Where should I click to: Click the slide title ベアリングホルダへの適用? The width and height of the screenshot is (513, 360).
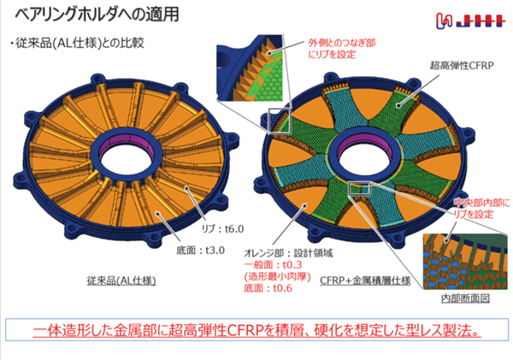97,14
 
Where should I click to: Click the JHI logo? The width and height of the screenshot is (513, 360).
469,21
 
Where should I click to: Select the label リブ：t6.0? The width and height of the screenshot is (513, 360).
222,229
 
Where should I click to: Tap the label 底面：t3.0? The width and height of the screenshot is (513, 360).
201,251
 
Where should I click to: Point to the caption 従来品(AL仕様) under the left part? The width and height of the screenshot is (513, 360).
121,280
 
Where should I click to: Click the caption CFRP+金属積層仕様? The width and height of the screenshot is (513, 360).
365,280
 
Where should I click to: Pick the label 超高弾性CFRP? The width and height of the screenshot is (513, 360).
462,66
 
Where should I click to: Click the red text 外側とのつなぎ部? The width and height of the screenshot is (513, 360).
342,43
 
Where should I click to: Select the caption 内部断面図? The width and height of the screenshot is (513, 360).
465,298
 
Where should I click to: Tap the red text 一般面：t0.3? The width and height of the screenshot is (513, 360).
273,264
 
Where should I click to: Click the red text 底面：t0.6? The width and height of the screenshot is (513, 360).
268,288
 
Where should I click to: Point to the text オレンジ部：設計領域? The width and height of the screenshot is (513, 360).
288,253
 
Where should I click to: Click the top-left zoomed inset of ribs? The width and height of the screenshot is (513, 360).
250,68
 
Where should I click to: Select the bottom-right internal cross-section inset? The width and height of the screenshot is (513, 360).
466,262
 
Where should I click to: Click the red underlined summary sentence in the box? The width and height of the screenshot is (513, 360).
256,331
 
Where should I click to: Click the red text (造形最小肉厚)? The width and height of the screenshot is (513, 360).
277,276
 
